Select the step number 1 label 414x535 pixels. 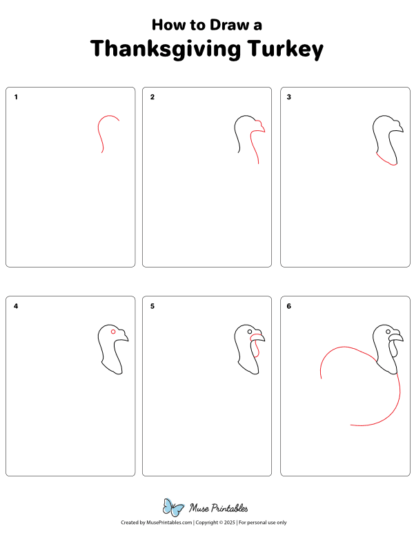(16, 97)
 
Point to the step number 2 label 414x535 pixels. (152, 97)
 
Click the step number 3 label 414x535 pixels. (289, 97)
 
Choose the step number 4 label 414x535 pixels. (16, 305)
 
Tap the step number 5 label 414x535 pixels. (152, 305)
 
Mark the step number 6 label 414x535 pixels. (289, 305)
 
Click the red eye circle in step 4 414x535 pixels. (113, 332)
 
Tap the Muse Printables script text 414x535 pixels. (218, 508)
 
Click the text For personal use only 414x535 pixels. (262, 523)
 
